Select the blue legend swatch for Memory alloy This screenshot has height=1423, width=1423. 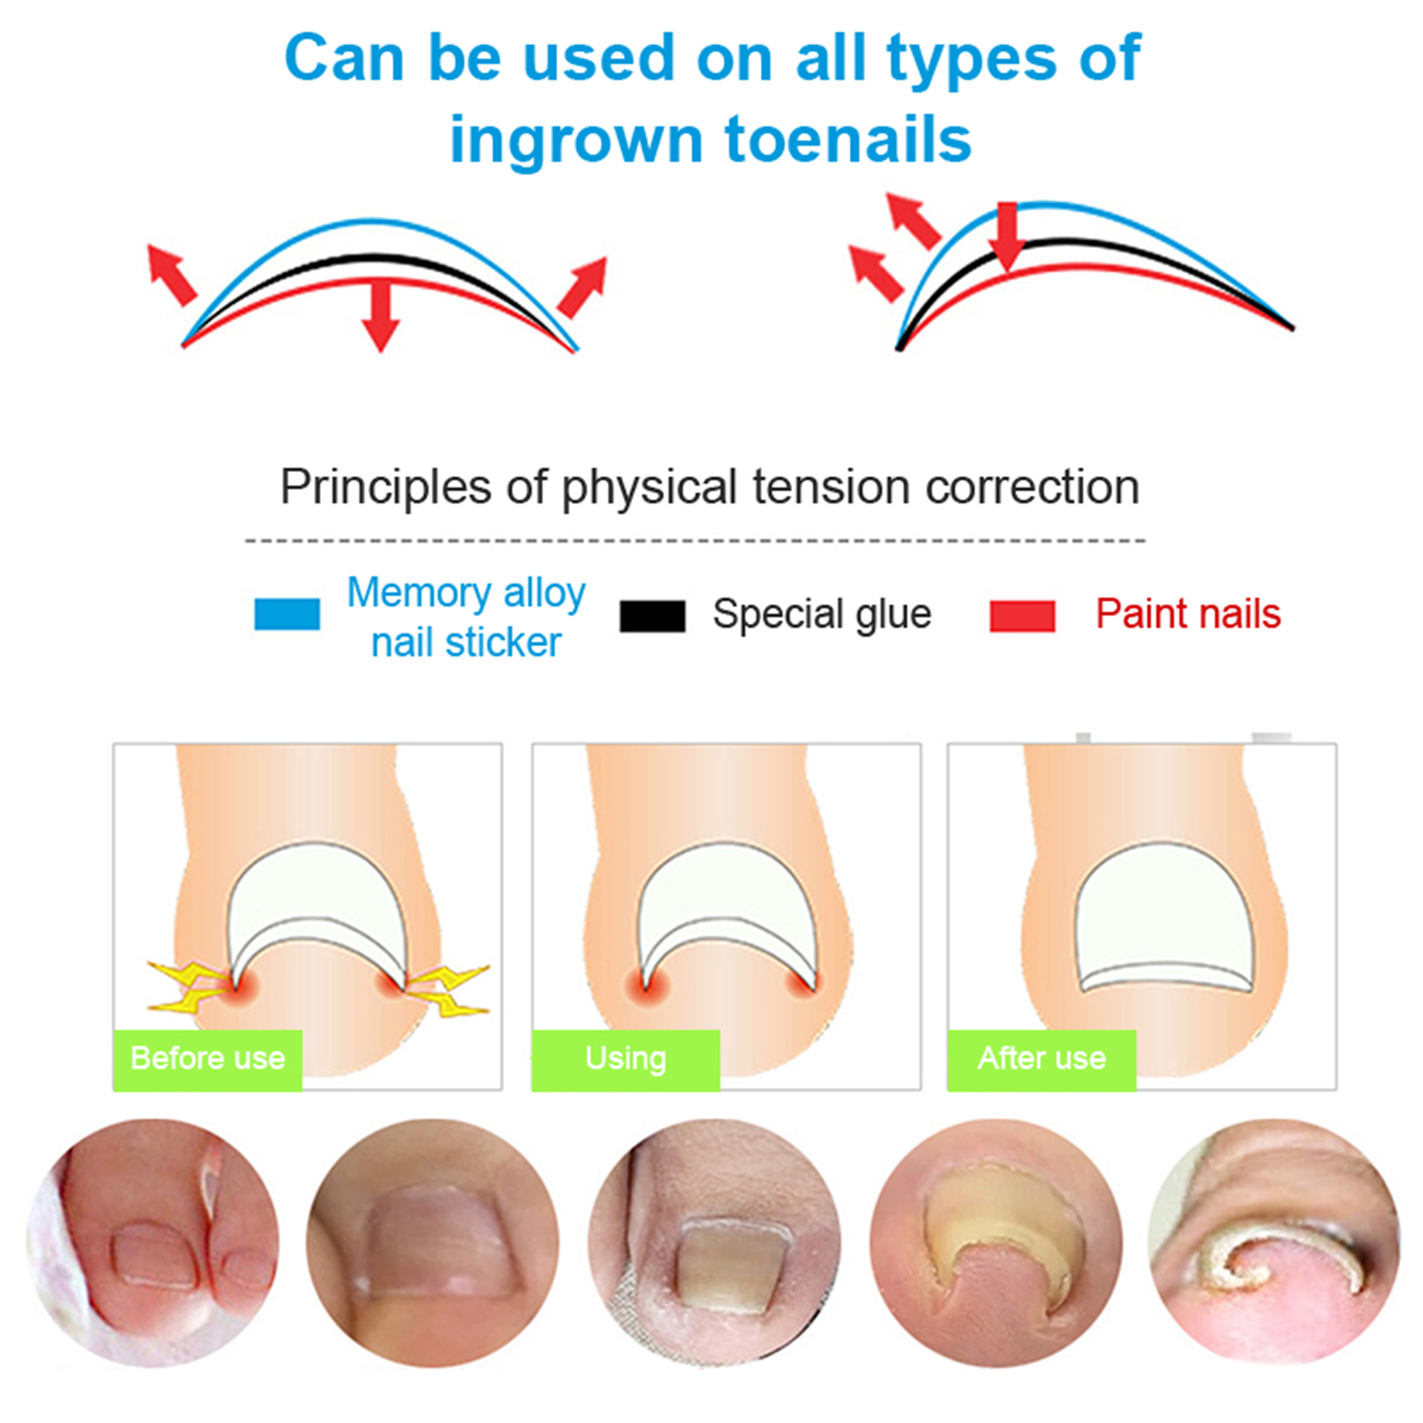pos(287,614)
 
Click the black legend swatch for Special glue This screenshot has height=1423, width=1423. pos(652,615)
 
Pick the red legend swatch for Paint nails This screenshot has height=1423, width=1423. pos(1023,615)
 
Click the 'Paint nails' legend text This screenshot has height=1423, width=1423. pos(1187,614)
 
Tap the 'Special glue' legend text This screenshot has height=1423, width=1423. pos(822,615)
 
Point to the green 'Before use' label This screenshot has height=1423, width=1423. pos(207,1059)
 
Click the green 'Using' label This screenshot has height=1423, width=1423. pos(625,1059)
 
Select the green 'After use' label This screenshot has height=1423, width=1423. pos(1041,1059)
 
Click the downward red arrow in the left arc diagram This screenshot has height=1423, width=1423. pos(381,316)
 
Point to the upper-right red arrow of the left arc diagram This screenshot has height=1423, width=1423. pos(583,287)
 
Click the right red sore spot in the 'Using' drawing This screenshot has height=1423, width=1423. pos(802,980)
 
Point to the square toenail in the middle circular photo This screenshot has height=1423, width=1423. pos(735,1267)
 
